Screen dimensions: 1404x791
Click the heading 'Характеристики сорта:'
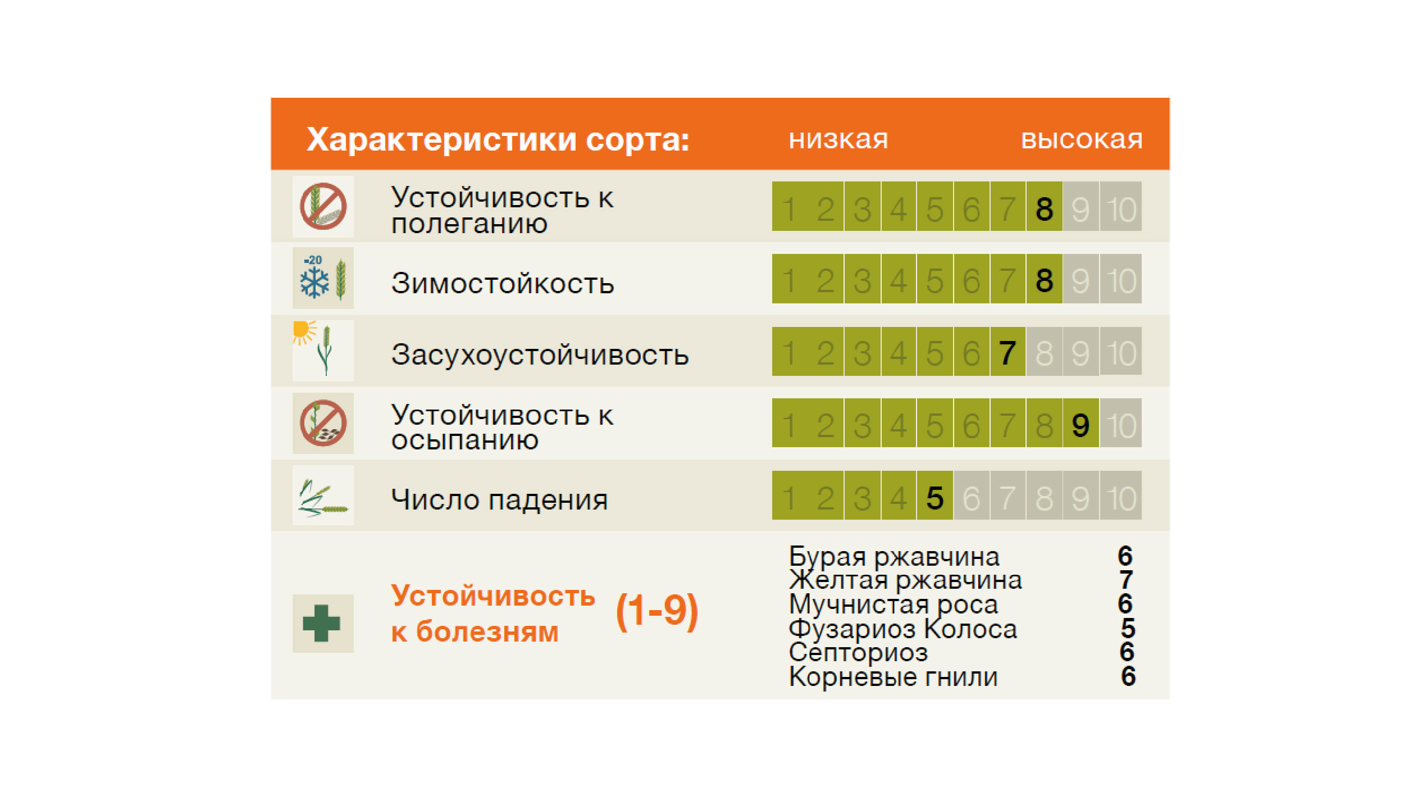tap(498, 139)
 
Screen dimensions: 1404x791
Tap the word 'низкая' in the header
tap(838, 139)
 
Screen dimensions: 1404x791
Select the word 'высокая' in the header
tap(1082, 139)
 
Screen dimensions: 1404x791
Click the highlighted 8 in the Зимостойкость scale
tap(1044, 280)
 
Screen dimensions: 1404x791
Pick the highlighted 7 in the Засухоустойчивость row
tap(1008, 352)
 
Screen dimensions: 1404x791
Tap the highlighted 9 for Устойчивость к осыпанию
tap(1081, 424)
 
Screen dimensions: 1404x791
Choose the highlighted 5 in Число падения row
tap(935, 497)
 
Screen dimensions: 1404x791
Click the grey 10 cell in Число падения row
tap(1121, 497)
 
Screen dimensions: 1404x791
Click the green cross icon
tap(322, 623)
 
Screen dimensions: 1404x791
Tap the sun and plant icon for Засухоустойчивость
tap(323, 350)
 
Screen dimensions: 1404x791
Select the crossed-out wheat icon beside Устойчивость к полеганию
tap(323, 206)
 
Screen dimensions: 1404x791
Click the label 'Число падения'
tap(500, 499)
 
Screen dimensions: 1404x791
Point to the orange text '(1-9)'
tap(657, 612)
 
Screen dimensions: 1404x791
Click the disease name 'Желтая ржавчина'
tap(905, 580)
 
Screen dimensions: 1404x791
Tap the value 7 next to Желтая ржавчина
tap(1126, 580)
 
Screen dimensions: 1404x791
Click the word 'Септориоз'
tap(858, 652)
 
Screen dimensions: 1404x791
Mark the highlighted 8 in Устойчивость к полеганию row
tap(1044, 208)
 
